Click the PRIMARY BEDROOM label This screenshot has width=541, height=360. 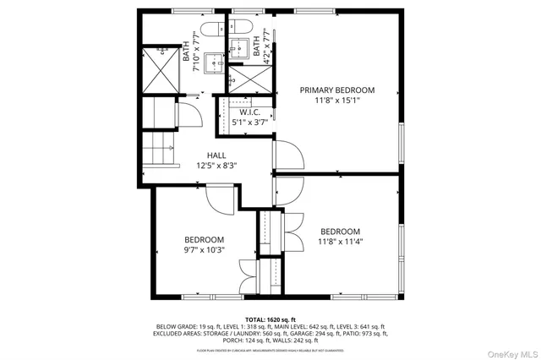336,90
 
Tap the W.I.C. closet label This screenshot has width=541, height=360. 249,112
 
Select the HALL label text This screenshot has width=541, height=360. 217,155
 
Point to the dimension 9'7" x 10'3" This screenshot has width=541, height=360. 205,250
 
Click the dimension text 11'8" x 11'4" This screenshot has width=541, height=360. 340,242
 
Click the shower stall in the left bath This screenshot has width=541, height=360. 161,71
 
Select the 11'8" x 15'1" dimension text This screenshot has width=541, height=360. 336,100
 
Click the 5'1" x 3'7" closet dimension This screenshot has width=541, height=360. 249,123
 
